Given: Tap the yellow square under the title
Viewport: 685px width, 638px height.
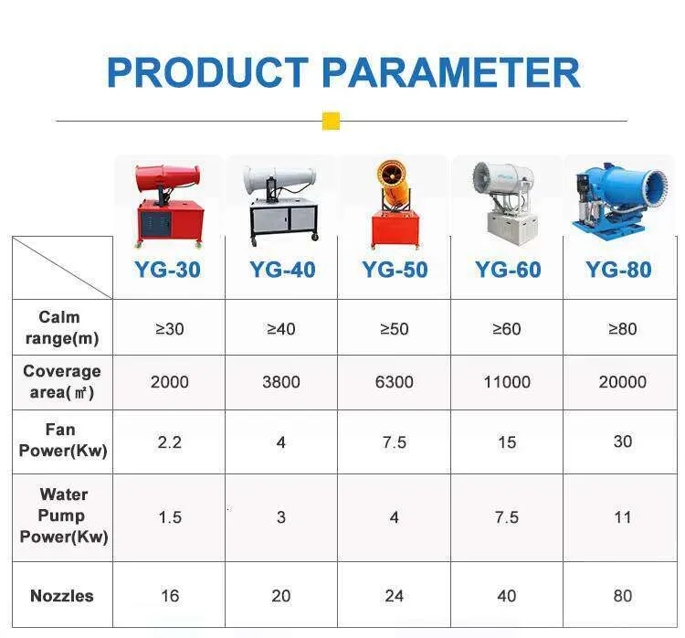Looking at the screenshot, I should pyautogui.click(x=331, y=121).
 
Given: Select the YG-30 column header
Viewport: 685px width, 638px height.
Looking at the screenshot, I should pyautogui.click(x=169, y=270).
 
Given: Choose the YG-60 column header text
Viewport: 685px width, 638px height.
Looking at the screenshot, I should pyautogui.click(x=507, y=270).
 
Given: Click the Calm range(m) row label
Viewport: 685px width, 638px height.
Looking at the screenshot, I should pyautogui.click(x=60, y=327).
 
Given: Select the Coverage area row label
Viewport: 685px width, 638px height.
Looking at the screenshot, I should pyautogui.click(x=61, y=381).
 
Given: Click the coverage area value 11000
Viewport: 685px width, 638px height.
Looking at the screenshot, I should pyautogui.click(x=507, y=382).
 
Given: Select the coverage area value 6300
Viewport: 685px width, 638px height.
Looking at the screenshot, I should pyautogui.click(x=394, y=382).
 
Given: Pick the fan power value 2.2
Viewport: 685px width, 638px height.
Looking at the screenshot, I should pyautogui.click(x=169, y=442).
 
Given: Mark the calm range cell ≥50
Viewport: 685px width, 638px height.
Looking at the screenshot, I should pyautogui.click(x=394, y=329).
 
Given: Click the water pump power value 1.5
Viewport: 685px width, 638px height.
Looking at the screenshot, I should pyautogui.click(x=169, y=517).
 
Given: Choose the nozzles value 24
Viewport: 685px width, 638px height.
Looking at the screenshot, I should pyautogui.click(x=394, y=596).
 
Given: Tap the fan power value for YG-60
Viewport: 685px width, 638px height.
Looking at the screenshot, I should pyautogui.click(x=507, y=442).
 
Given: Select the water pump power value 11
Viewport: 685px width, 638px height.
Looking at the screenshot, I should pyautogui.click(x=622, y=517).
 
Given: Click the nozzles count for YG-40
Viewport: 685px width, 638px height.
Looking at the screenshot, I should pyautogui.click(x=281, y=596).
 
